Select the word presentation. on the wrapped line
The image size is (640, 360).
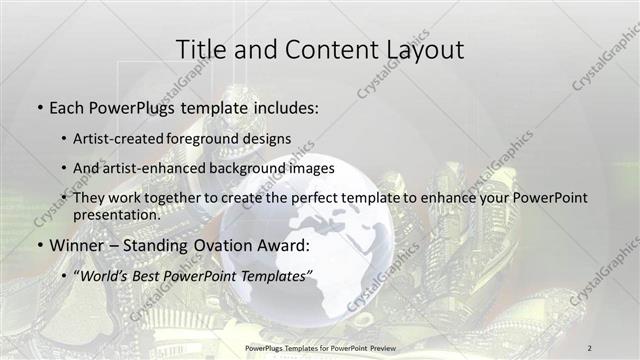click(x=116, y=214)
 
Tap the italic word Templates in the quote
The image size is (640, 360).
click(x=277, y=275)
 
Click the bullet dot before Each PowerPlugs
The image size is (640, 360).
click(x=38, y=106)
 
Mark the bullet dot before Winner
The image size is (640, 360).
click(x=38, y=246)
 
